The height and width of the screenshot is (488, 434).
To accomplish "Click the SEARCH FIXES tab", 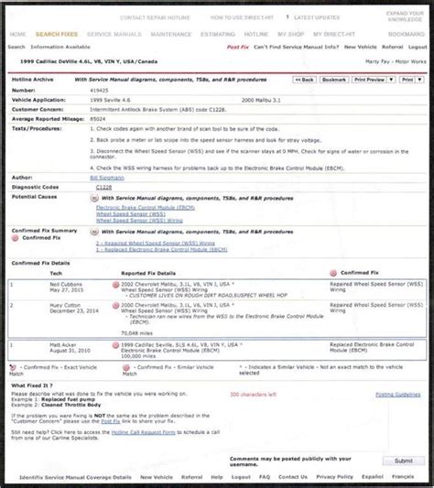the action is pyautogui.click(x=57, y=34).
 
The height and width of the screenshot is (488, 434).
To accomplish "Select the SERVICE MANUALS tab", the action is pyautogui.click(x=114, y=34).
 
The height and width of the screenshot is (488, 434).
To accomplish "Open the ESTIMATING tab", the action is pyautogui.click(x=218, y=34).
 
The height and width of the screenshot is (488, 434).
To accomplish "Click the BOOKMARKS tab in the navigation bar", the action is pyautogui.click(x=407, y=34).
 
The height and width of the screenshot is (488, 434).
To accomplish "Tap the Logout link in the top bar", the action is pyautogui.click(x=418, y=47).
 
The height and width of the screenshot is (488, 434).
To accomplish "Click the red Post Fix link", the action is pyautogui.click(x=238, y=47).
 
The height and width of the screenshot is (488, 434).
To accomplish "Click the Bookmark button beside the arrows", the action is pyautogui.click(x=334, y=80).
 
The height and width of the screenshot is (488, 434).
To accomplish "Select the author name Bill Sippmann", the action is pyautogui.click(x=114, y=177).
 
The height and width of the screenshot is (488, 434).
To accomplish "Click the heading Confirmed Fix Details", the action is pyautogui.click(x=41, y=263).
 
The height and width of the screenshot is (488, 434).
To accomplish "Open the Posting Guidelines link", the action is pyautogui.click(x=398, y=395).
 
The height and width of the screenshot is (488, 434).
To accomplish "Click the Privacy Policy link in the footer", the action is pyautogui.click(x=334, y=477).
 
